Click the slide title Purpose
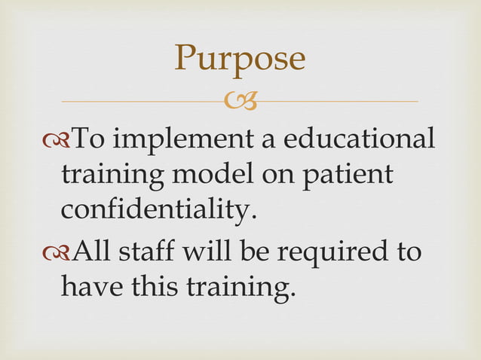click(240, 59)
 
